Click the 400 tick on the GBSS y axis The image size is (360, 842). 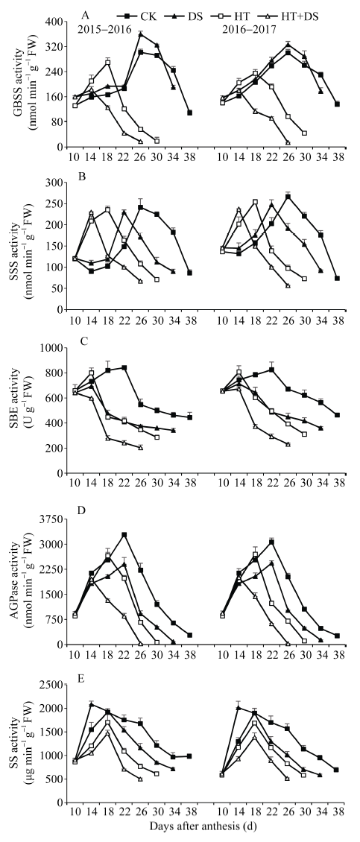(x=55, y=22)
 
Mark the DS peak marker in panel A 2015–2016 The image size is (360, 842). (x=141, y=34)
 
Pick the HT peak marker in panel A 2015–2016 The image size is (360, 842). (x=108, y=63)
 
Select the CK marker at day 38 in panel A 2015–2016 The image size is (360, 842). (x=190, y=113)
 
